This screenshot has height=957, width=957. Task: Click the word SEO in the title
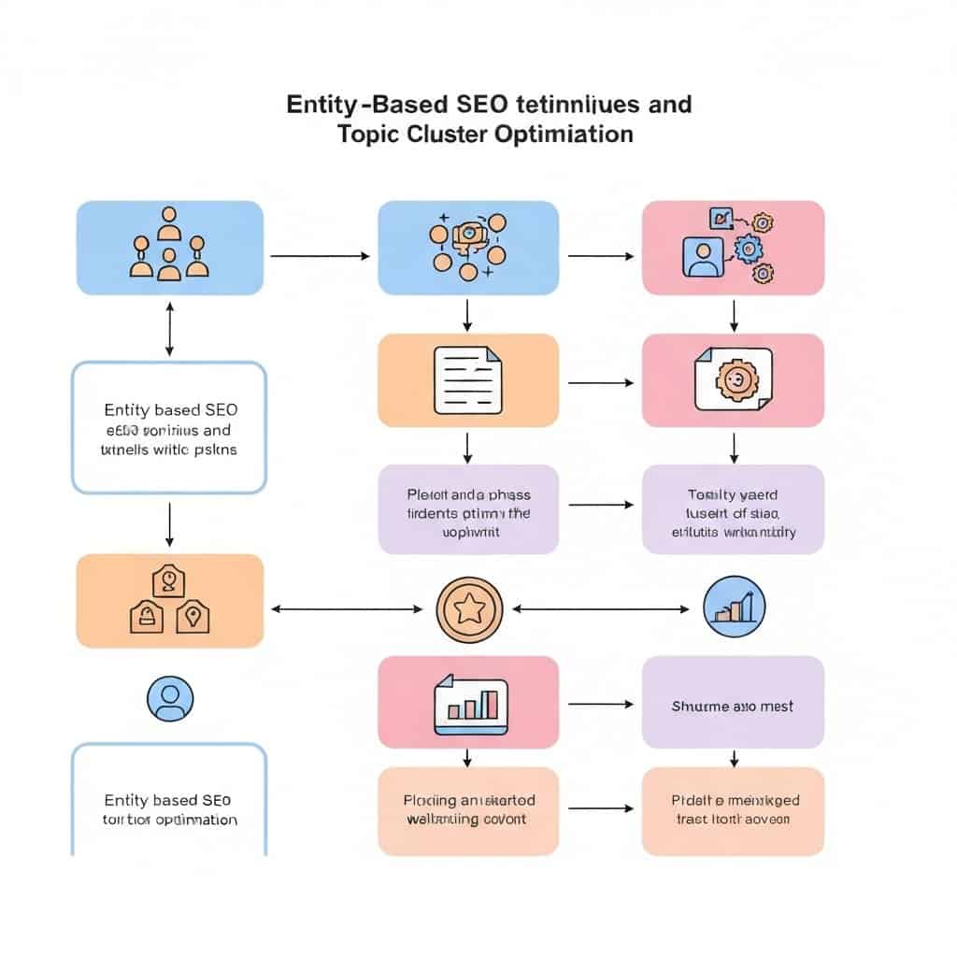click(x=483, y=104)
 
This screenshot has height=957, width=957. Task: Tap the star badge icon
click(x=469, y=609)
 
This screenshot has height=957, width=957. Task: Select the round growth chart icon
click(x=734, y=607)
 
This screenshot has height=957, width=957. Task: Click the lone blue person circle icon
click(x=170, y=699)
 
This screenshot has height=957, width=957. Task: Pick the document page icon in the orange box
click(x=467, y=379)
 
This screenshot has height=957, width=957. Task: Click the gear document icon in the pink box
click(x=734, y=379)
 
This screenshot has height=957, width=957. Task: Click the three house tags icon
click(x=169, y=600)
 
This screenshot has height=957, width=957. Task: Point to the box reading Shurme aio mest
click(x=733, y=707)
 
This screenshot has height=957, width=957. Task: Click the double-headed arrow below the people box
click(x=169, y=328)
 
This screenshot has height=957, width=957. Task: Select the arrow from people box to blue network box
click(x=320, y=254)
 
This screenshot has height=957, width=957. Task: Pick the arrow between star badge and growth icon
click(x=601, y=609)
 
